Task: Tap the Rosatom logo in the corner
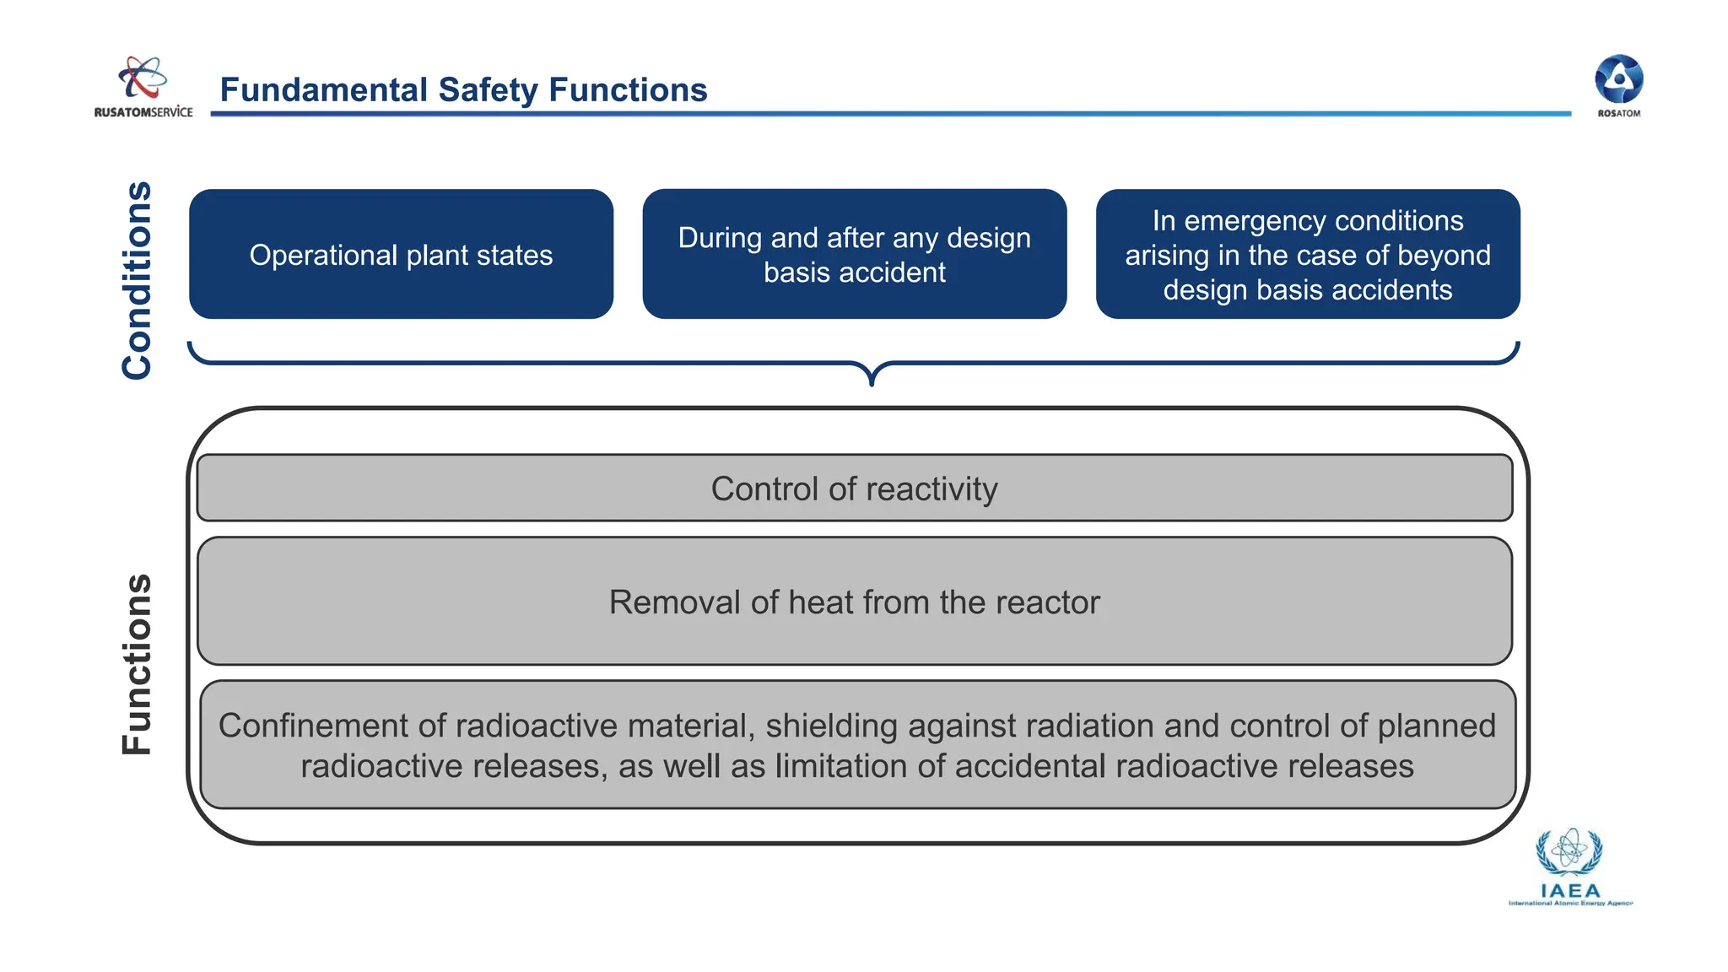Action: [x=1618, y=84]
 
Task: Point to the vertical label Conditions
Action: [x=138, y=280]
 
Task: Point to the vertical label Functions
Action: [x=138, y=664]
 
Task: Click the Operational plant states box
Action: [x=401, y=254]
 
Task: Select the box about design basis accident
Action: [x=854, y=254]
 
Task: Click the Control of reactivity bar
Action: [x=854, y=489]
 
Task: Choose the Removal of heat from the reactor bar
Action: [x=854, y=602]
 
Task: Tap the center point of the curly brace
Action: [x=872, y=375]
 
